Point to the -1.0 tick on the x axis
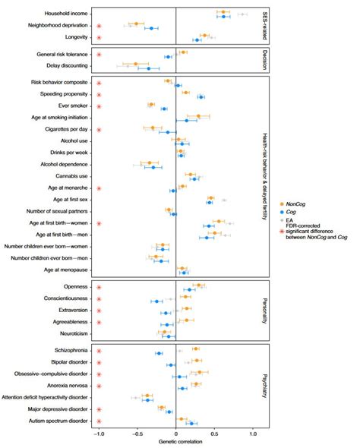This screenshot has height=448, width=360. (99, 434)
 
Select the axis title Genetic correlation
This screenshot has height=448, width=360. (176, 442)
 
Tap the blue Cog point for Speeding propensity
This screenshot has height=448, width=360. (201, 97)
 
